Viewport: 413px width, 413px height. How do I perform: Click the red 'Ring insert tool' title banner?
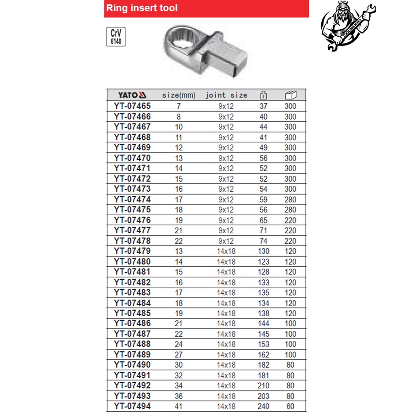pyautogui.click(x=206, y=8)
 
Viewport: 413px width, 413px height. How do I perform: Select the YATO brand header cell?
pyautogui.click(x=132, y=95)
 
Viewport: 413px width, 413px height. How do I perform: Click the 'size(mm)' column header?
pyautogui.click(x=179, y=95)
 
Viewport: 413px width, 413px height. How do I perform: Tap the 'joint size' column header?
pyautogui.click(x=226, y=95)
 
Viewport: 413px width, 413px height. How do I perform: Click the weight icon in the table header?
pyautogui.click(x=263, y=95)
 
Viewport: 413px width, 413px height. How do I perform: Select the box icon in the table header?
pyautogui.click(x=290, y=95)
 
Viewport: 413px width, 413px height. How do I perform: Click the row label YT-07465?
pyautogui.click(x=132, y=106)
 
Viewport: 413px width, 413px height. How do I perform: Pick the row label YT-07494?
pyautogui.click(x=132, y=406)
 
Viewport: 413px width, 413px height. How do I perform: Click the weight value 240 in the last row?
pyautogui.click(x=263, y=406)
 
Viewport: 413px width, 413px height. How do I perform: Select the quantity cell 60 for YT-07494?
pyautogui.click(x=290, y=406)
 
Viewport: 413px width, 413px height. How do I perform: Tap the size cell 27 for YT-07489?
pyautogui.click(x=179, y=355)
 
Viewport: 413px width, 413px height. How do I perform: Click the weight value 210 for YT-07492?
pyautogui.click(x=263, y=385)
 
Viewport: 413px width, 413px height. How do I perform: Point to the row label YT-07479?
pyautogui.click(x=132, y=251)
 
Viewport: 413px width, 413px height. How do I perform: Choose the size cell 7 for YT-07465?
pyautogui.click(x=179, y=106)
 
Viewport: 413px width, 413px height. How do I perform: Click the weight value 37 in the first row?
pyautogui.click(x=263, y=106)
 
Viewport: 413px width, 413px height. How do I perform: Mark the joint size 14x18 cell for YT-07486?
pyautogui.click(x=226, y=324)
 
